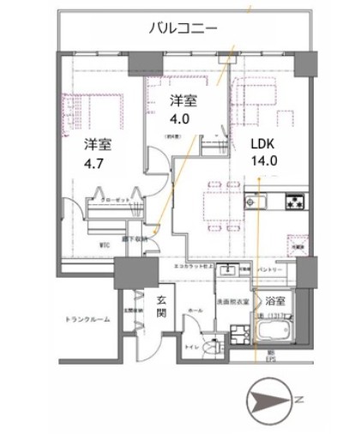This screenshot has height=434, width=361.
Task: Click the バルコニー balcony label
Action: tap(184, 28)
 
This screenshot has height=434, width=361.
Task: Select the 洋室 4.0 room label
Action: tap(182, 107)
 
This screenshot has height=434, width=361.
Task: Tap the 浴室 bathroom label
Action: tap(274, 301)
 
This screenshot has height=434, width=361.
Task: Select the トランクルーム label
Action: tap(87, 319)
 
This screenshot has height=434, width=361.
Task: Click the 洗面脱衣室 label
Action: tap(232, 301)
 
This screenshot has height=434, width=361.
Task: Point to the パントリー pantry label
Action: tap(271, 270)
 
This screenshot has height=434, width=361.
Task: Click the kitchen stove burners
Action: tap(295, 203)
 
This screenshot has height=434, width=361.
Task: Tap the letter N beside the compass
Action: tap(298, 401)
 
